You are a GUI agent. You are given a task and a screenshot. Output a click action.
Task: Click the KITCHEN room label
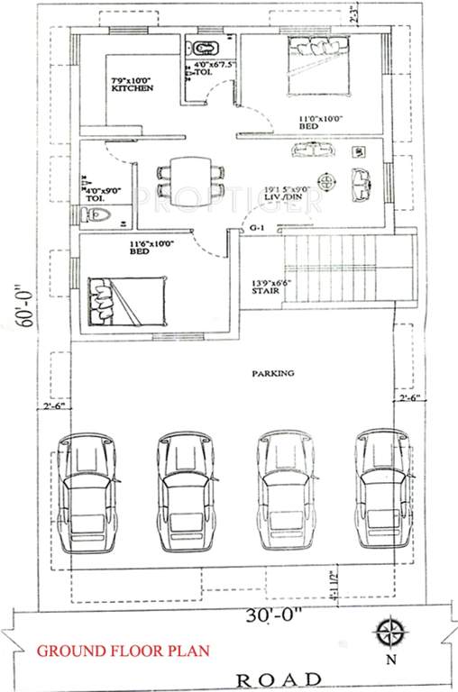point(132,88)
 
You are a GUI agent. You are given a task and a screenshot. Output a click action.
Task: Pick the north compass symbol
point(389,630)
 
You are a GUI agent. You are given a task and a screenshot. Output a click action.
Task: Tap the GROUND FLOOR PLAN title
point(123,651)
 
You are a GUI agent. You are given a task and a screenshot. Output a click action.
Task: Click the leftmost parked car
point(88,493)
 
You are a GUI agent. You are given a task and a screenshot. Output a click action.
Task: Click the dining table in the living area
point(188,177)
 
